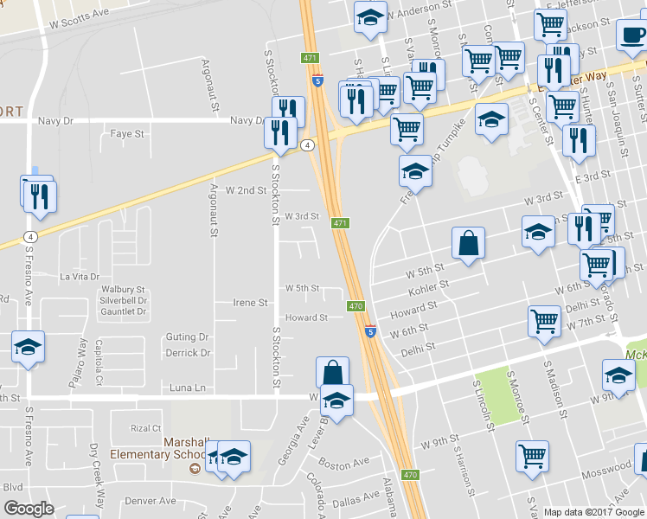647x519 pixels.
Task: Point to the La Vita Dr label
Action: coord(80,276)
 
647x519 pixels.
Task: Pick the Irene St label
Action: coord(251,303)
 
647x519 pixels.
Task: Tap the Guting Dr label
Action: coord(188,337)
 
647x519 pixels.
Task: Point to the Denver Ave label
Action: coord(150,501)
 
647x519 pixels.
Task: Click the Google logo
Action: coord(29,509)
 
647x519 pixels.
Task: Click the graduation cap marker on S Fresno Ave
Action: coord(28,349)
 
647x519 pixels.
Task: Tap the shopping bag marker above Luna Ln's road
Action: coord(332,373)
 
